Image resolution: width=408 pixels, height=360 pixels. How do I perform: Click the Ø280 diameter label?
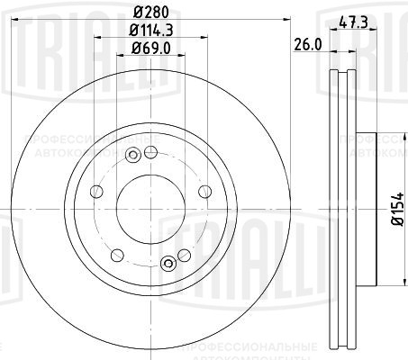click(x=150, y=13)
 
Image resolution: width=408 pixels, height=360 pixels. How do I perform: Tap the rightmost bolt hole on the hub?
click(x=204, y=191)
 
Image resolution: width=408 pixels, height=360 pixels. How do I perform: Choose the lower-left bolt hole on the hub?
click(x=115, y=255)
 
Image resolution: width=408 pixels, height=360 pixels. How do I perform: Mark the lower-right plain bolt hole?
click(x=185, y=255)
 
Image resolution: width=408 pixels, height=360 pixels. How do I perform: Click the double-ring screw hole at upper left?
click(x=132, y=155)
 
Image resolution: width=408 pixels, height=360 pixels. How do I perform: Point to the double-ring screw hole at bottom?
click(x=167, y=263)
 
